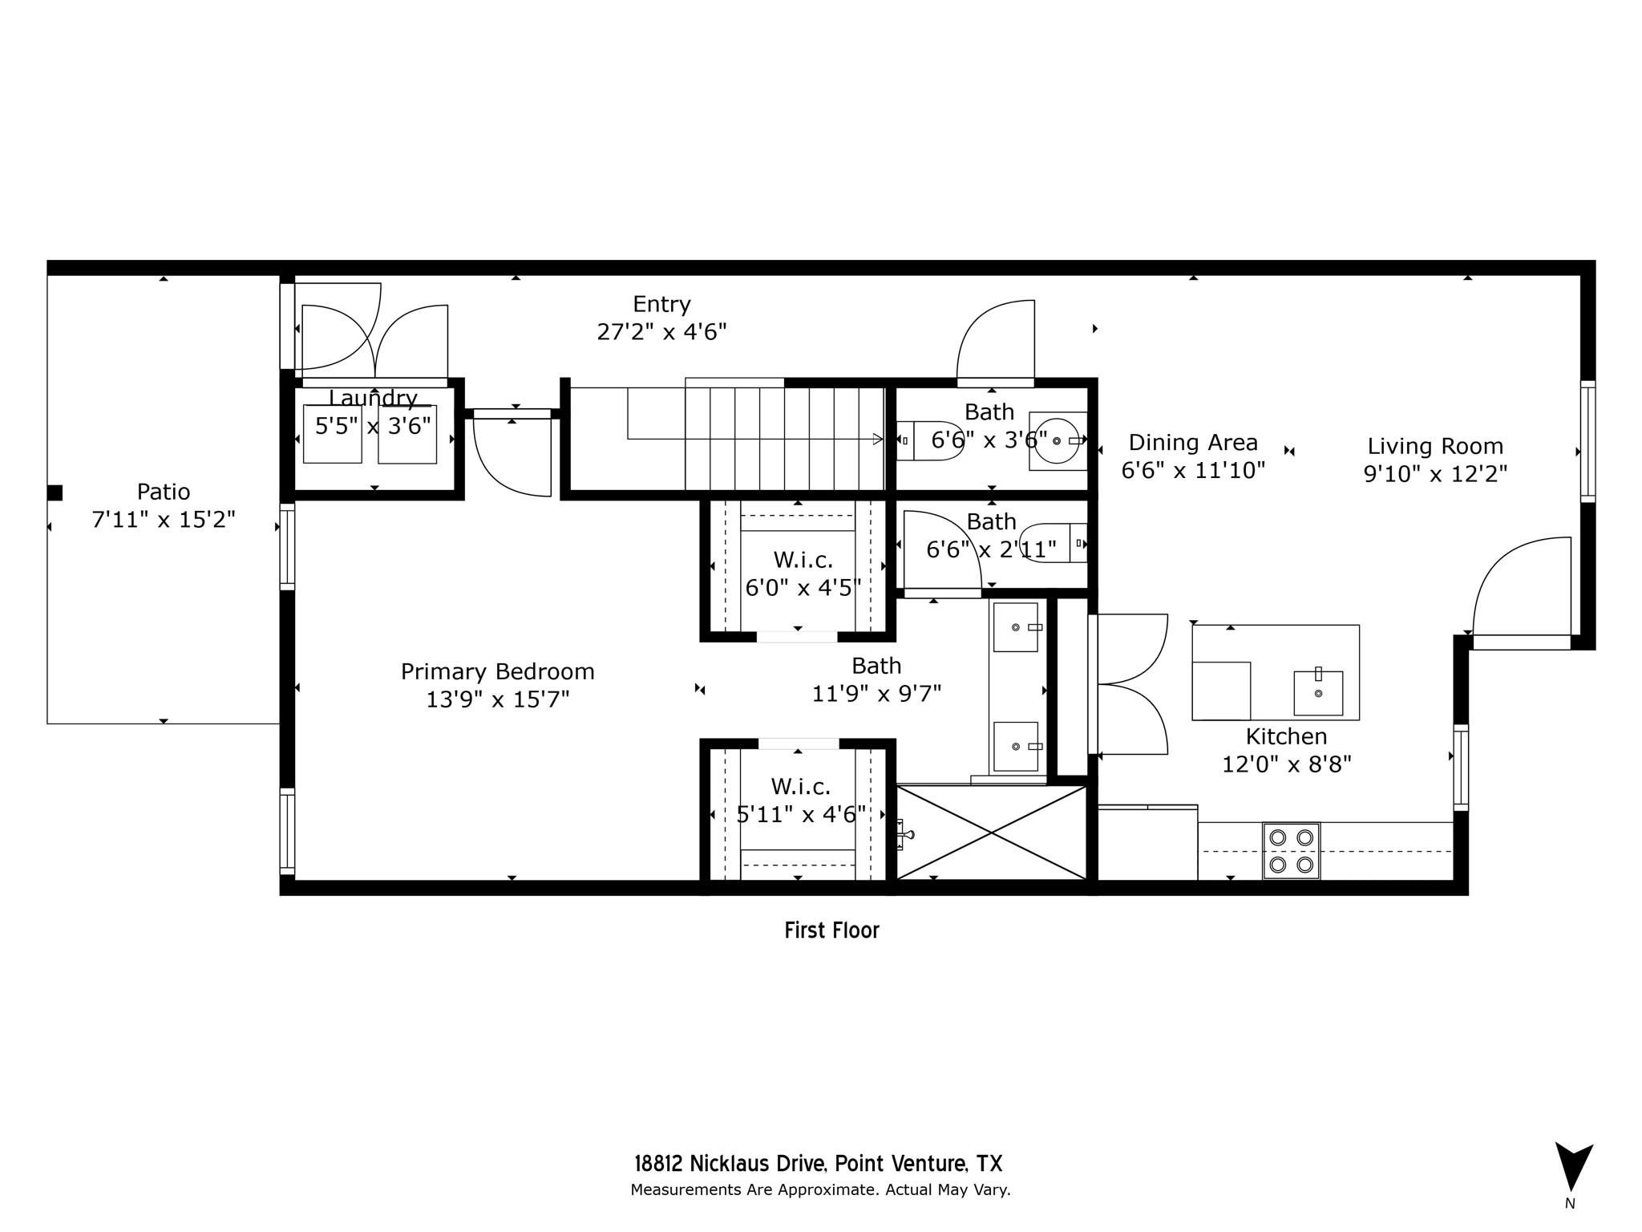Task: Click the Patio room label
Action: click(x=164, y=492)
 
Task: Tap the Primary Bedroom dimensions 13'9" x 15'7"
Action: click(x=497, y=699)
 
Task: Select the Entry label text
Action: click(x=661, y=305)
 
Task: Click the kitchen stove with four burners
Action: click(x=1291, y=851)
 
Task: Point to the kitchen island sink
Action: click(x=1318, y=693)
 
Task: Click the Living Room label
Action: click(x=1435, y=446)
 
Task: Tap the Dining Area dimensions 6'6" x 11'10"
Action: click(x=1193, y=470)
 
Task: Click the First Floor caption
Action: click(x=831, y=930)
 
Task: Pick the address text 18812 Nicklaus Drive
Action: click(x=730, y=1164)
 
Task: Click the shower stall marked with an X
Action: click(x=992, y=833)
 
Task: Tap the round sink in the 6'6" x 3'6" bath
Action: click(x=1057, y=441)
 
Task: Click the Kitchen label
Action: click(x=1286, y=736)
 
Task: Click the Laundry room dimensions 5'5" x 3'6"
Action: click(x=373, y=425)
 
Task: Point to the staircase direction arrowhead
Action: click(x=878, y=439)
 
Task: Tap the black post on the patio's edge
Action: click(x=55, y=492)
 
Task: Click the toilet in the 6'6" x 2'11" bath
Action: click(x=1054, y=543)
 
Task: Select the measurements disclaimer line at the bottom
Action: click(x=820, y=1190)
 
